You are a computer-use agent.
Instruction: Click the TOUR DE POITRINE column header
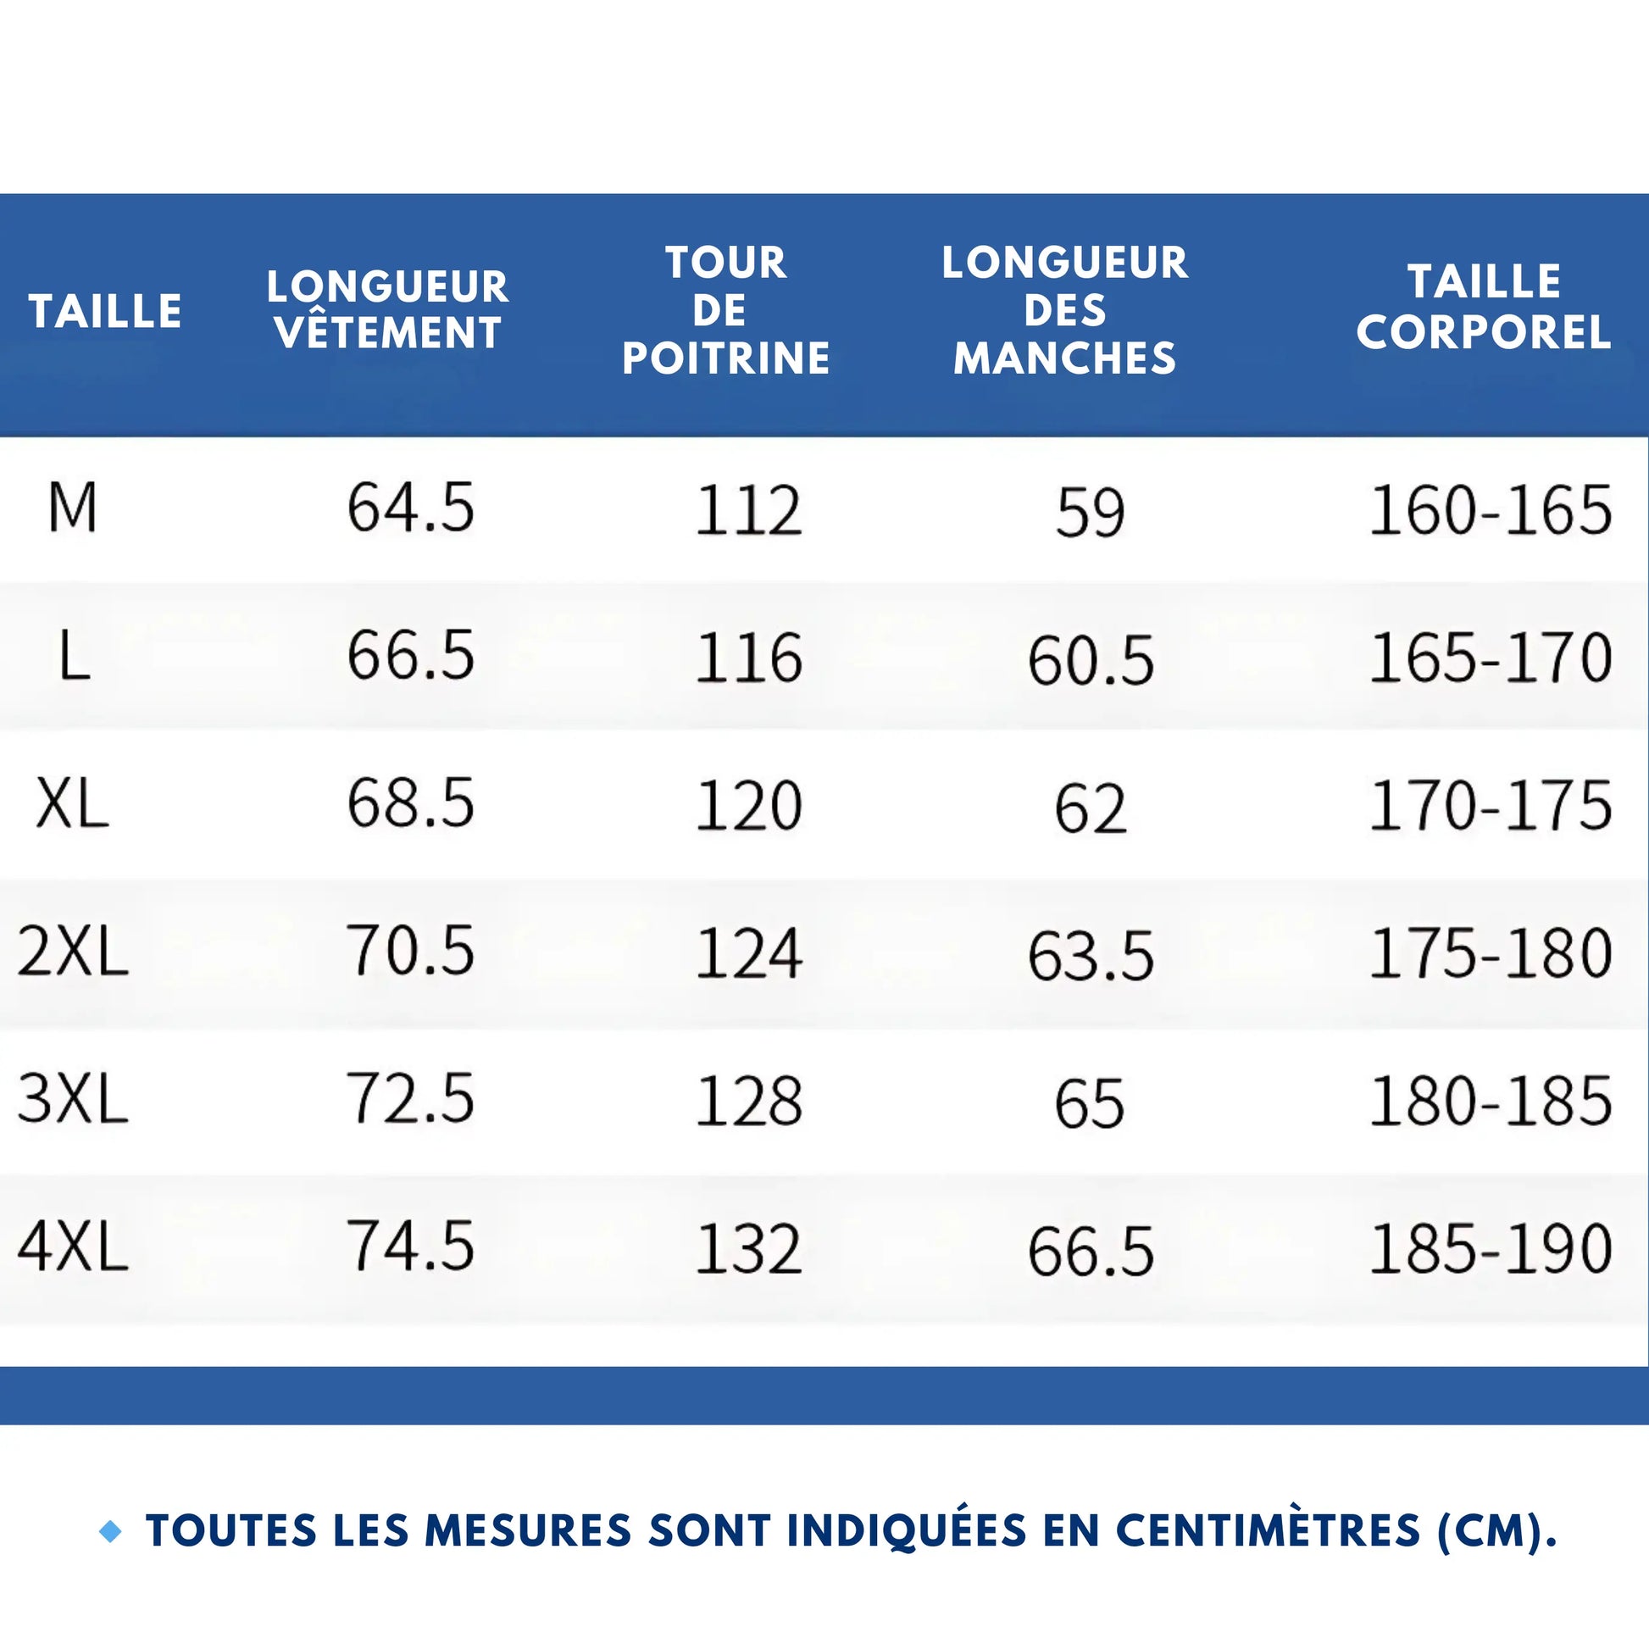click(x=725, y=310)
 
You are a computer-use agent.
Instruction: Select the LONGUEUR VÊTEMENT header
click(x=387, y=310)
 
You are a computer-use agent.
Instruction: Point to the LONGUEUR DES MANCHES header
click(x=1064, y=310)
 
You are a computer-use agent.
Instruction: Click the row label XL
click(x=73, y=805)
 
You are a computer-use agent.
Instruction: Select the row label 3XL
click(x=73, y=1099)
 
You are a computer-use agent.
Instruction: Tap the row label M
click(x=73, y=508)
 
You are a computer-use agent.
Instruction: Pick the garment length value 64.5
click(x=410, y=508)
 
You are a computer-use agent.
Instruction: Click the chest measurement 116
click(x=748, y=658)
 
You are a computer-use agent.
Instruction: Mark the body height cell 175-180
click(x=1491, y=953)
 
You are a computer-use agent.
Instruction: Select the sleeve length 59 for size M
click(x=1090, y=513)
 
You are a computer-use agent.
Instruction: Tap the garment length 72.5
click(x=410, y=1099)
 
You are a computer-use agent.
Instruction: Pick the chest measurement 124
click(x=748, y=953)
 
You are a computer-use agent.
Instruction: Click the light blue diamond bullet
click(x=111, y=1532)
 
